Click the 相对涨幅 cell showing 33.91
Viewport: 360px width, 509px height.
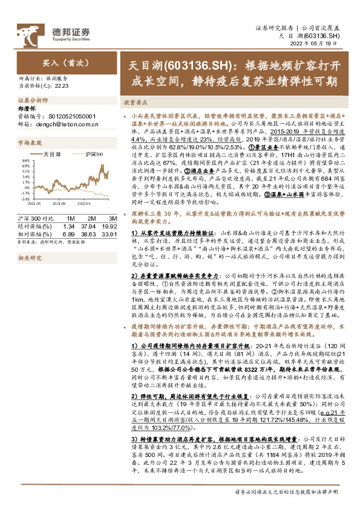[110, 233]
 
